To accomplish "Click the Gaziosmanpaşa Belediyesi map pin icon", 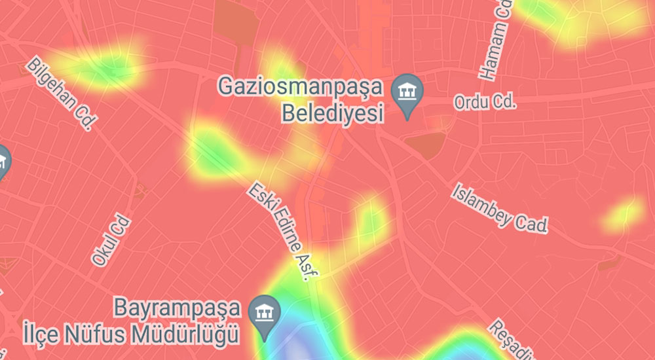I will click(x=407, y=95).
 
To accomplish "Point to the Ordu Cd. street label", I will click(x=486, y=103).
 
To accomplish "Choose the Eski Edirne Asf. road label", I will click(x=278, y=232).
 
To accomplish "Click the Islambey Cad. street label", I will click(x=499, y=207).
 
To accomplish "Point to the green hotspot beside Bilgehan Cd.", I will click(x=102, y=65).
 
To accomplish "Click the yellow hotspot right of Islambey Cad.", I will click(x=623, y=213).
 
